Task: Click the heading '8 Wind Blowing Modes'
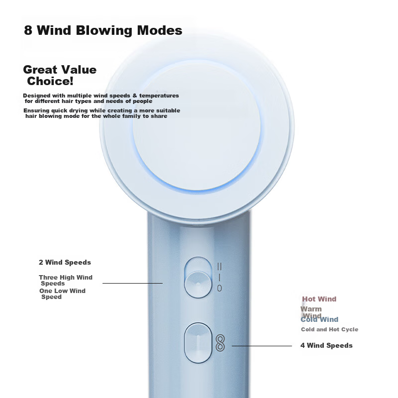[x=103, y=30]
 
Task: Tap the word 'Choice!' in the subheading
[x=50, y=81]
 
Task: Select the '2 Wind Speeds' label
[x=65, y=263]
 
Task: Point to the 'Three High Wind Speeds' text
[x=66, y=280]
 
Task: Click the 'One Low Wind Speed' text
[x=63, y=294]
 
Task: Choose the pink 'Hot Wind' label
[x=319, y=299]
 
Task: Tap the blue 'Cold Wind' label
[x=319, y=319]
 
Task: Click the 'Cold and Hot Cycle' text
[x=329, y=329]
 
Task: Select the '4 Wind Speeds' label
[x=326, y=345]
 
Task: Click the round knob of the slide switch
[x=198, y=284]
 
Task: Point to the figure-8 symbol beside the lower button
[x=220, y=343]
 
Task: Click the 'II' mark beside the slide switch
[x=219, y=267]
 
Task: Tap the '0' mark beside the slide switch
[x=219, y=288]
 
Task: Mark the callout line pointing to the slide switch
[x=132, y=283]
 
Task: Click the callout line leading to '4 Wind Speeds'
[x=262, y=346]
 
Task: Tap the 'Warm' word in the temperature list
[x=311, y=309]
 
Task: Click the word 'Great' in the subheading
[x=40, y=70]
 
